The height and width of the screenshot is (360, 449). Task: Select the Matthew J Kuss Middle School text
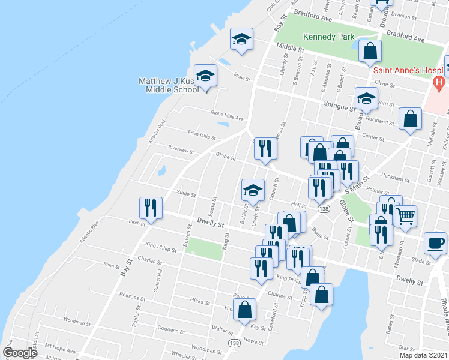[168, 85]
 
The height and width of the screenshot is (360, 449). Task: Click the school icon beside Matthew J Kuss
[206, 76]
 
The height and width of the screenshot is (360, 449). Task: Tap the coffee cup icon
[435, 242]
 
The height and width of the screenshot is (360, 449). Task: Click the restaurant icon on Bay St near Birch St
[150, 207]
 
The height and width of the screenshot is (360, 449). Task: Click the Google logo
[20, 353]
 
